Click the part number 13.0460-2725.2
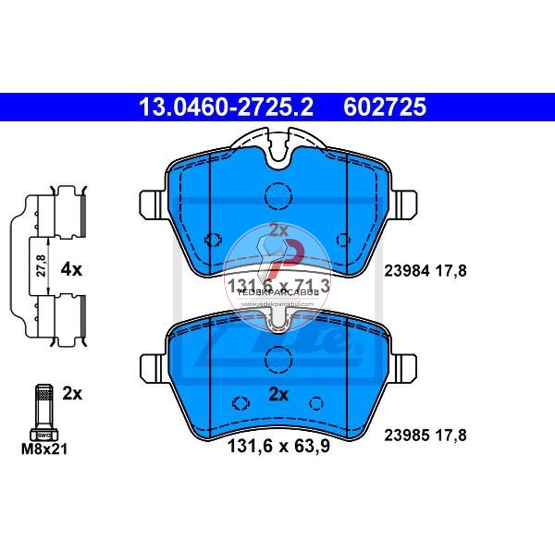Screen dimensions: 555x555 point(226,107)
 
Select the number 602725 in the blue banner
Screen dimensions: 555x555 point(385,107)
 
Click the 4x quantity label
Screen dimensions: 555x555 point(70,270)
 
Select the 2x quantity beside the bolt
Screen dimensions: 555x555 point(72,394)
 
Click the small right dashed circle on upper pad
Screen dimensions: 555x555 point(344,239)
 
